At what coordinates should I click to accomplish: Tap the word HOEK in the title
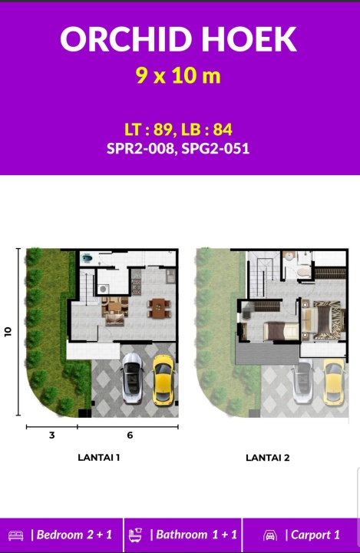click(x=249, y=39)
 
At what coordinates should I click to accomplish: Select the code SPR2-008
click(x=140, y=148)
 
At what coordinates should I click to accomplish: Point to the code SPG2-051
click(x=216, y=148)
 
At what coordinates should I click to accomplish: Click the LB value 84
click(x=223, y=130)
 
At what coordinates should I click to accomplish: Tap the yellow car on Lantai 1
click(x=163, y=379)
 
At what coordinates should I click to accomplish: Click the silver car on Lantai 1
click(x=133, y=378)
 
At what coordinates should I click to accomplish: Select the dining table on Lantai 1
click(x=159, y=308)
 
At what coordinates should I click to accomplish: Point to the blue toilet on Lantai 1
click(x=87, y=260)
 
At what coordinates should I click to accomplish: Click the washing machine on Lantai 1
click(x=103, y=289)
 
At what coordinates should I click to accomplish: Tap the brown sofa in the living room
click(x=114, y=320)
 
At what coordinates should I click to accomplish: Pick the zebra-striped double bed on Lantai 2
click(x=323, y=320)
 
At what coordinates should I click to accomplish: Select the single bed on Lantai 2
click(x=281, y=331)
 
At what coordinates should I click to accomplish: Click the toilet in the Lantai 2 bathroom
click(x=303, y=272)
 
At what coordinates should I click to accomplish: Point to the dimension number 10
click(x=8, y=332)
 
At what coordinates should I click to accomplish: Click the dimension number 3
click(x=52, y=435)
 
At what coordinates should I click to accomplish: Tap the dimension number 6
click(x=130, y=435)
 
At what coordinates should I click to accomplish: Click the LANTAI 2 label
click(x=268, y=458)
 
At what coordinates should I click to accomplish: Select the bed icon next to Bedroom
click(x=16, y=535)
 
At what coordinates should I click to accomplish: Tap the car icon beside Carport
click(x=270, y=535)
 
